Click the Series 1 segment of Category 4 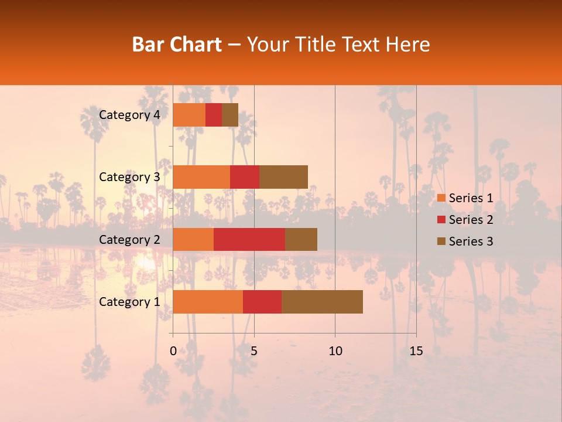click(x=189, y=115)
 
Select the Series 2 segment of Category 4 click(x=214, y=115)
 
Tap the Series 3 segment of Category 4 click(x=230, y=115)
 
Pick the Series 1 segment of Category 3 click(x=201, y=177)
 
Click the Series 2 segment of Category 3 click(x=245, y=177)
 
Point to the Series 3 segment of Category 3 click(x=283, y=177)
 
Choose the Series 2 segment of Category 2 click(x=249, y=239)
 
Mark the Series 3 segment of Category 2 click(x=301, y=239)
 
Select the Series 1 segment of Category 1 click(x=208, y=302)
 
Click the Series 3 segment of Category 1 click(x=322, y=302)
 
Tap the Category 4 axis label click(x=129, y=115)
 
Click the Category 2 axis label click(x=129, y=239)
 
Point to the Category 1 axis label click(x=129, y=302)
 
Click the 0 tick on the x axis click(x=173, y=351)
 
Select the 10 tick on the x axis click(x=335, y=351)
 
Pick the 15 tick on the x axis click(x=416, y=351)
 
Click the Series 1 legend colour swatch click(x=441, y=198)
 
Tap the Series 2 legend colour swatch click(x=441, y=220)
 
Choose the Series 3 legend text click(x=471, y=241)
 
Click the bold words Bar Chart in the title click(x=177, y=45)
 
